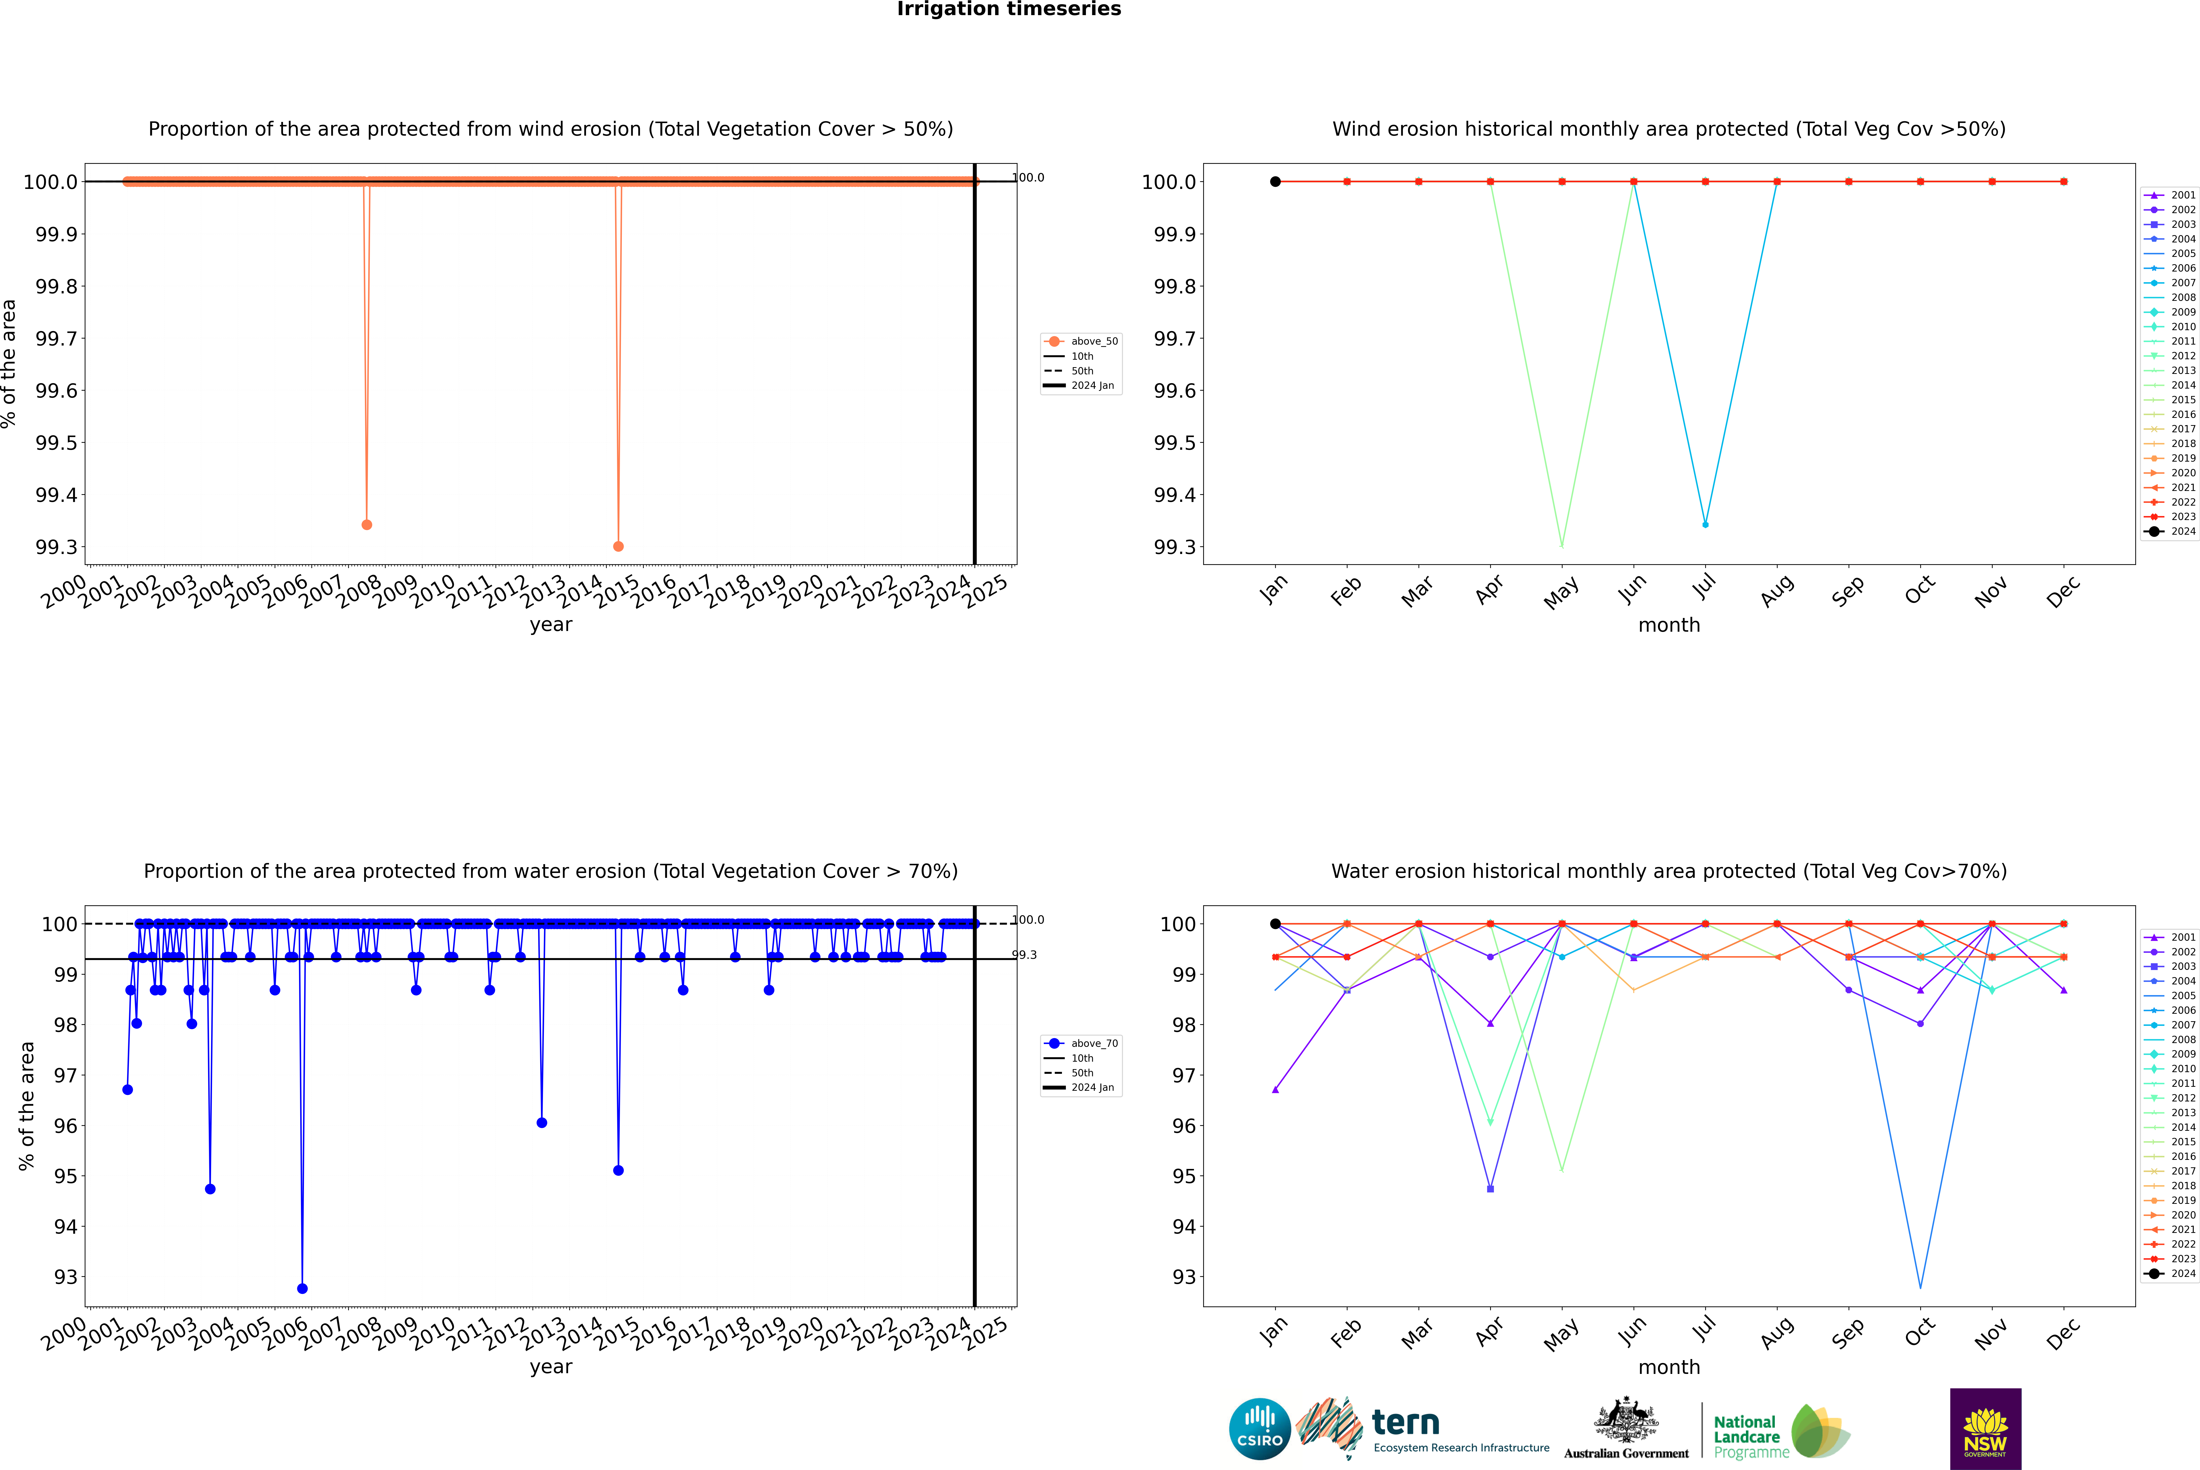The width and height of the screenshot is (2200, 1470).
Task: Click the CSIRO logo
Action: pos(1260,1429)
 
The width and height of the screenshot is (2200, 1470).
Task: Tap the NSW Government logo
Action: pos(1985,1429)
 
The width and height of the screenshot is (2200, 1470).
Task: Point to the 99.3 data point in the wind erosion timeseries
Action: pos(618,547)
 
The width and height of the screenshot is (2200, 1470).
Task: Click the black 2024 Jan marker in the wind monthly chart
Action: pos(1275,182)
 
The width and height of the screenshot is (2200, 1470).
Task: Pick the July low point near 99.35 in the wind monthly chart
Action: pos(1705,525)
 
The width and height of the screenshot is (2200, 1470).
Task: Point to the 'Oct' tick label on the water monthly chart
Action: pos(1919,1331)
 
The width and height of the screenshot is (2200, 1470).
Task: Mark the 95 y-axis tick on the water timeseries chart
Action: pos(66,1177)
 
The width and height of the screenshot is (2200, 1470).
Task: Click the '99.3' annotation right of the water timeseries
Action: pos(1024,955)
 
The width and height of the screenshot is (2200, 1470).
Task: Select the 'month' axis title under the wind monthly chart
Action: pos(1668,625)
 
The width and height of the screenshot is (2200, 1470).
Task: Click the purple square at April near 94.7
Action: pos(1490,1189)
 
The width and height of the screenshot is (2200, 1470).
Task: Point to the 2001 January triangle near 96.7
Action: pos(1275,1089)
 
